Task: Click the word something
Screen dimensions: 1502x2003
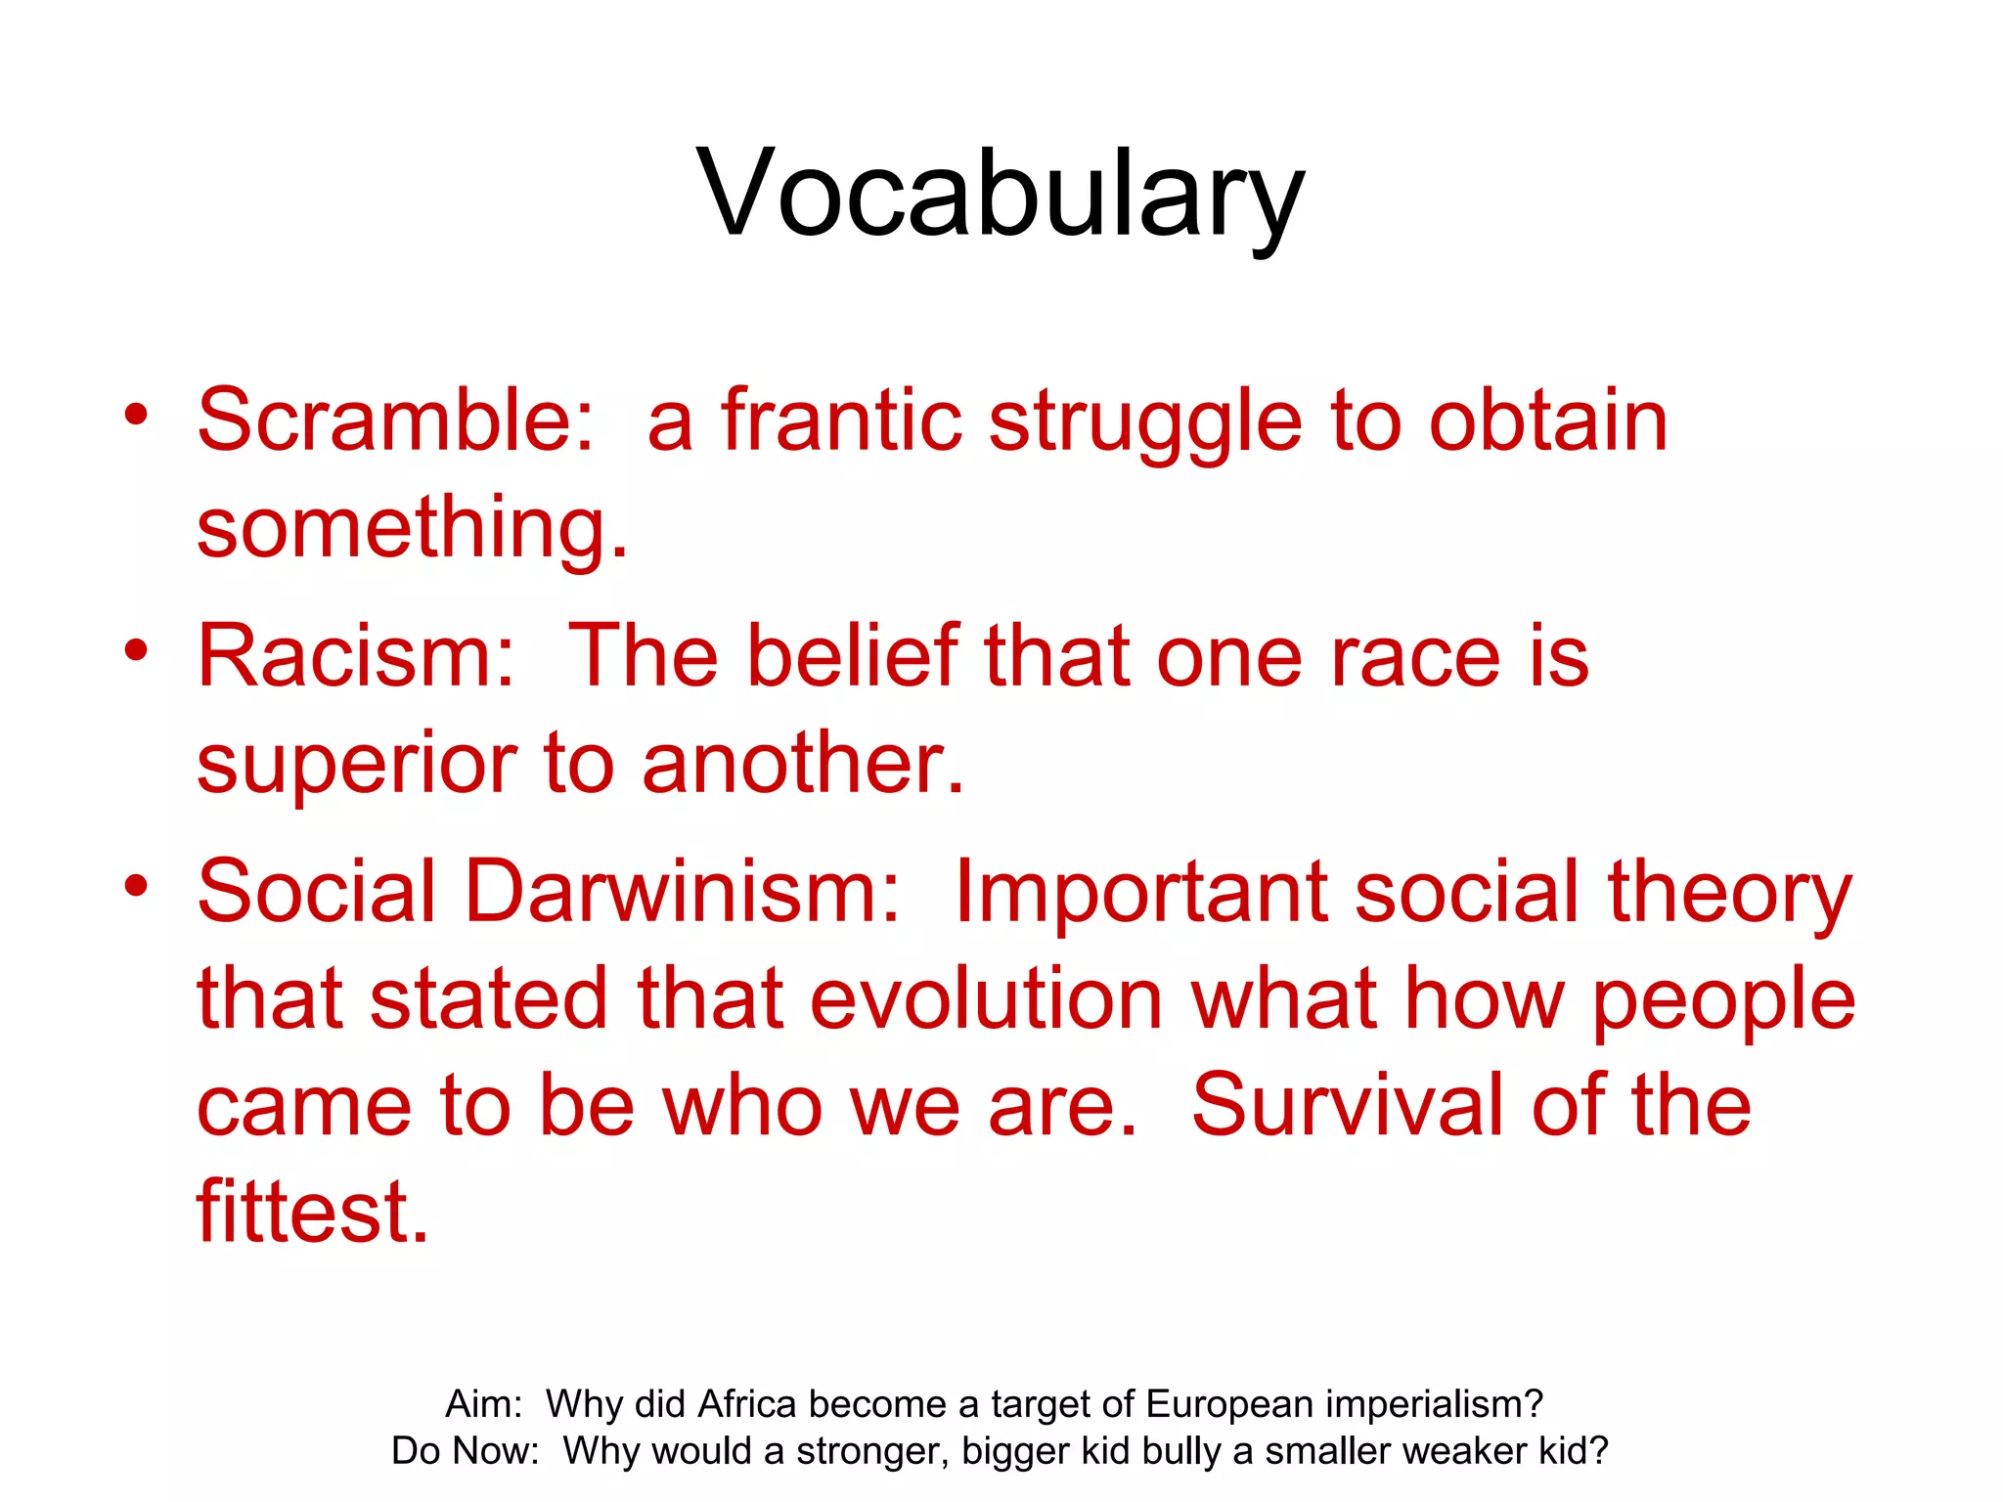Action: point(412,529)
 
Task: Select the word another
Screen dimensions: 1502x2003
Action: point(803,763)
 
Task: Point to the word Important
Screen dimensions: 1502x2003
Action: point(1140,893)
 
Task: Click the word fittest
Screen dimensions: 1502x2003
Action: point(313,1213)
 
